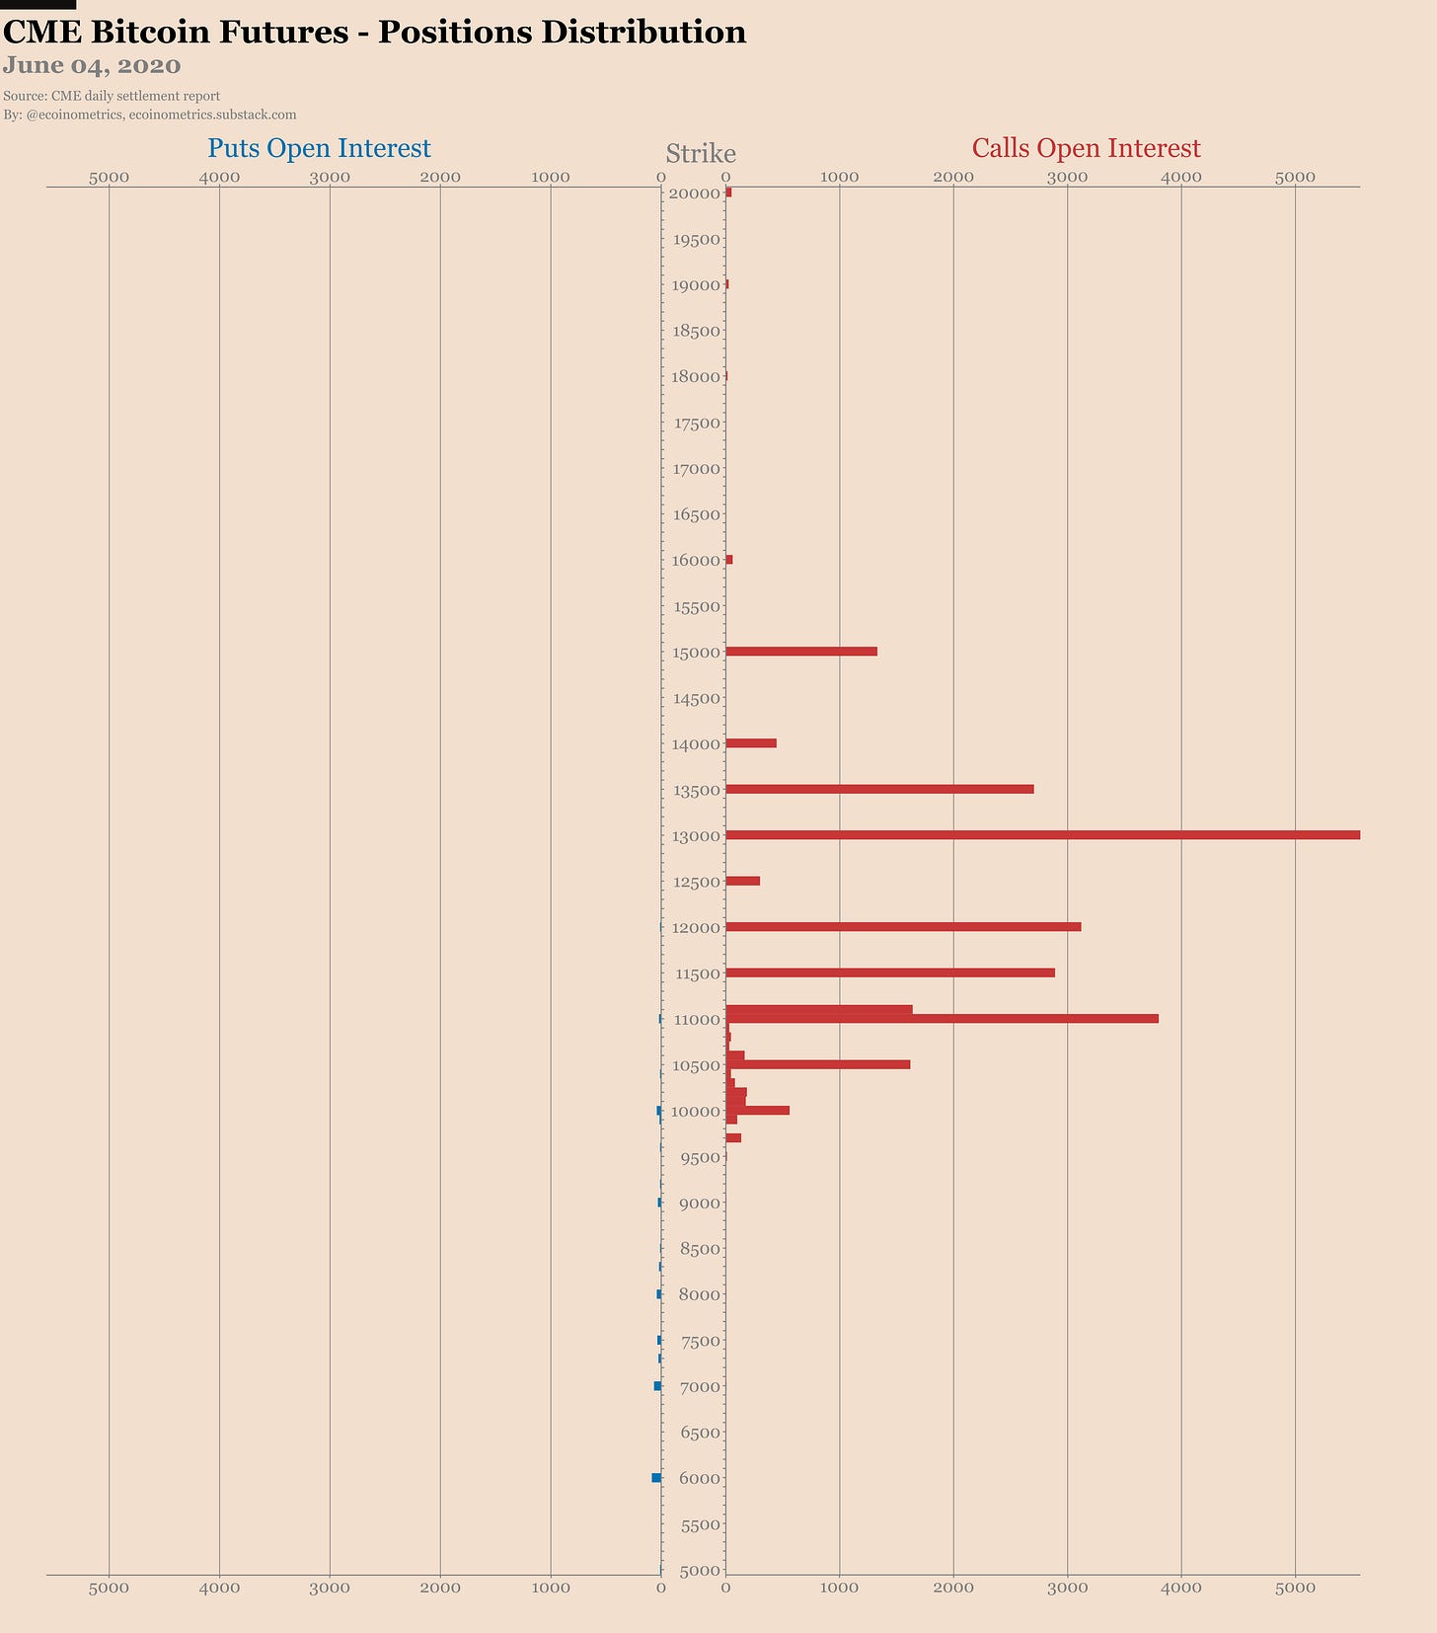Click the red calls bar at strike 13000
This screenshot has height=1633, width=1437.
click(1042, 835)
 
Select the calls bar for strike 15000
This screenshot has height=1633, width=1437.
click(801, 652)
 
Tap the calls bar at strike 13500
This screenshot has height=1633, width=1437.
click(879, 789)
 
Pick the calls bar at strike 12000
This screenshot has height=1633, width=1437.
click(903, 927)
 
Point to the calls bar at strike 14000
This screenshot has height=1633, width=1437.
click(751, 743)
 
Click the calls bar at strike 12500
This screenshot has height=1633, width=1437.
click(742, 881)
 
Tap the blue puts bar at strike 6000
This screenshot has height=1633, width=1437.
click(656, 1478)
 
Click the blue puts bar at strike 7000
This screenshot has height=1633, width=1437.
click(657, 1386)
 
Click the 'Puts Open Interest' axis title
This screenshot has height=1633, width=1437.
click(319, 148)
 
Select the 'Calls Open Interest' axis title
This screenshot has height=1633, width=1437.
click(1086, 148)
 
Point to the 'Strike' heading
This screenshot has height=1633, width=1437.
click(701, 154)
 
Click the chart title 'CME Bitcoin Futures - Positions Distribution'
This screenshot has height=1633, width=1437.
click(374, 33)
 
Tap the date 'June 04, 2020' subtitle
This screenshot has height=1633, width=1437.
click(92, 66)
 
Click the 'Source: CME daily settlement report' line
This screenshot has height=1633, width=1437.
click(112, 96)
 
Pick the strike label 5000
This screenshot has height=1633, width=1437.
click(701, 1571)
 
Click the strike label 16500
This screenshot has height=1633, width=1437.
click(697, 514)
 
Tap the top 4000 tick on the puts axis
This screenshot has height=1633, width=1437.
click(219, 177)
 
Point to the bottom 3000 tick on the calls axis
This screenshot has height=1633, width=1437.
click(1067, 1588)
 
